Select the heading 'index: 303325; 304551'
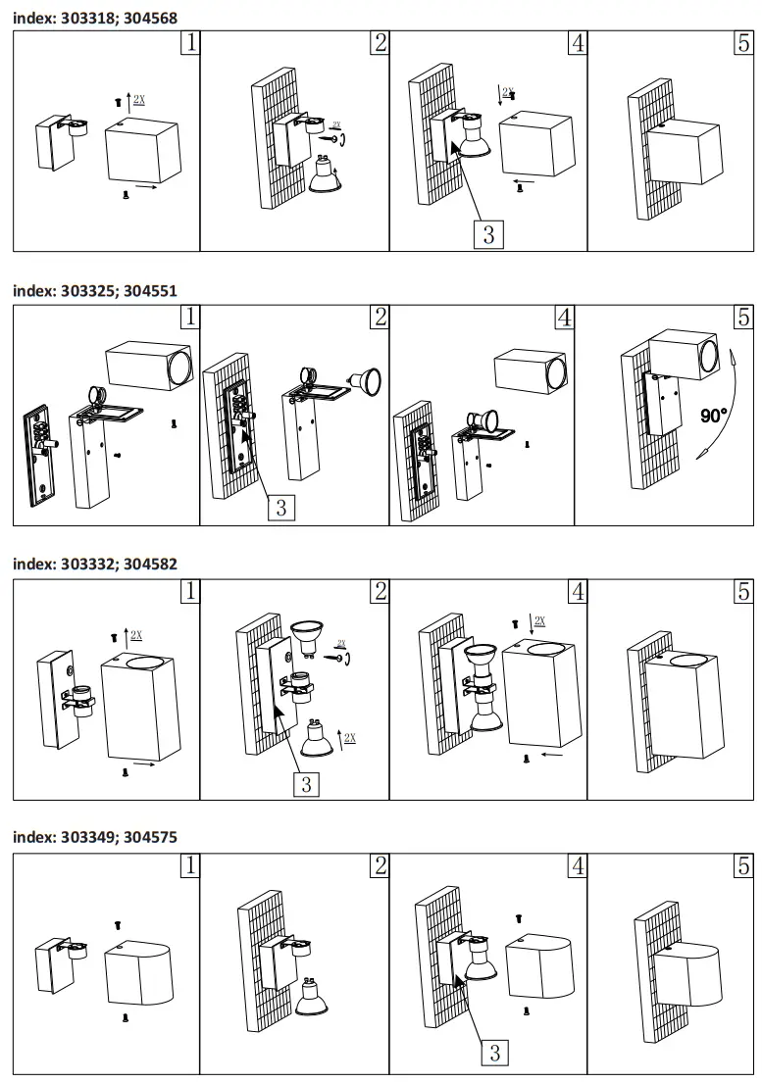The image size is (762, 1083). click(95, 290)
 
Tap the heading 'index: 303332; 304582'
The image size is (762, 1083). click(95, 564)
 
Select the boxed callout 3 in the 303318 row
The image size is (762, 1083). click(488, 234)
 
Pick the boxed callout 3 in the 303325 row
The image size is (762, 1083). click(281, 507)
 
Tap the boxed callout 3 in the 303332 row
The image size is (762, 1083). click(306, 784)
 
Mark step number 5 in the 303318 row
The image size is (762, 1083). click(743, 43)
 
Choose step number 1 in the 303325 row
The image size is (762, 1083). click(190, 317)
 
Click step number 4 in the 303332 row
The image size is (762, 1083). click(578, 591)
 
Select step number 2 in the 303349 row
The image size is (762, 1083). click(380, 865)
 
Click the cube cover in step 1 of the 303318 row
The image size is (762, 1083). click(142, 152)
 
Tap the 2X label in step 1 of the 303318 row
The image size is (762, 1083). click(139, 99)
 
